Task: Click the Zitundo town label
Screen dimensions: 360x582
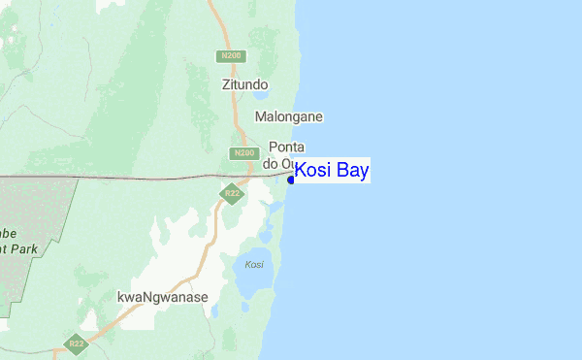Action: click(x=244, y=84)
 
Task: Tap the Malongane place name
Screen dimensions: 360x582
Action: click(x=288, y=116)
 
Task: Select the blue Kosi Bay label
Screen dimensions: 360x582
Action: click(x=331, y=172)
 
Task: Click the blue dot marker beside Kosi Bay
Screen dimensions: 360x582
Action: click(x=291, y=180)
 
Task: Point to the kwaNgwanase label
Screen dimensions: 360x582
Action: click(x=162, y=297)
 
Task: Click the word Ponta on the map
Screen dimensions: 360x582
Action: click(x=286, y=147)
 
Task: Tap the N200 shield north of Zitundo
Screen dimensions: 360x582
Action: click(x=230, y=56)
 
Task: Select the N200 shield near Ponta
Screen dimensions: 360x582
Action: click(x=243, y=153)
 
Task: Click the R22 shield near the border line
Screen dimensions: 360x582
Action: click(x=232, y=194)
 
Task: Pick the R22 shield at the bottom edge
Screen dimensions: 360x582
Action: click(x=75, y=344)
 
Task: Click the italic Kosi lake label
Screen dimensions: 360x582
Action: click(x=254, y=265)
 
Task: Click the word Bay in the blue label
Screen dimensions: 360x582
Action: click(x=353, y=172)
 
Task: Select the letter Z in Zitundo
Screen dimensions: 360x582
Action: click(x=226, y=84)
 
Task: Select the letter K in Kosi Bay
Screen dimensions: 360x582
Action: click(x=302, y=172)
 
